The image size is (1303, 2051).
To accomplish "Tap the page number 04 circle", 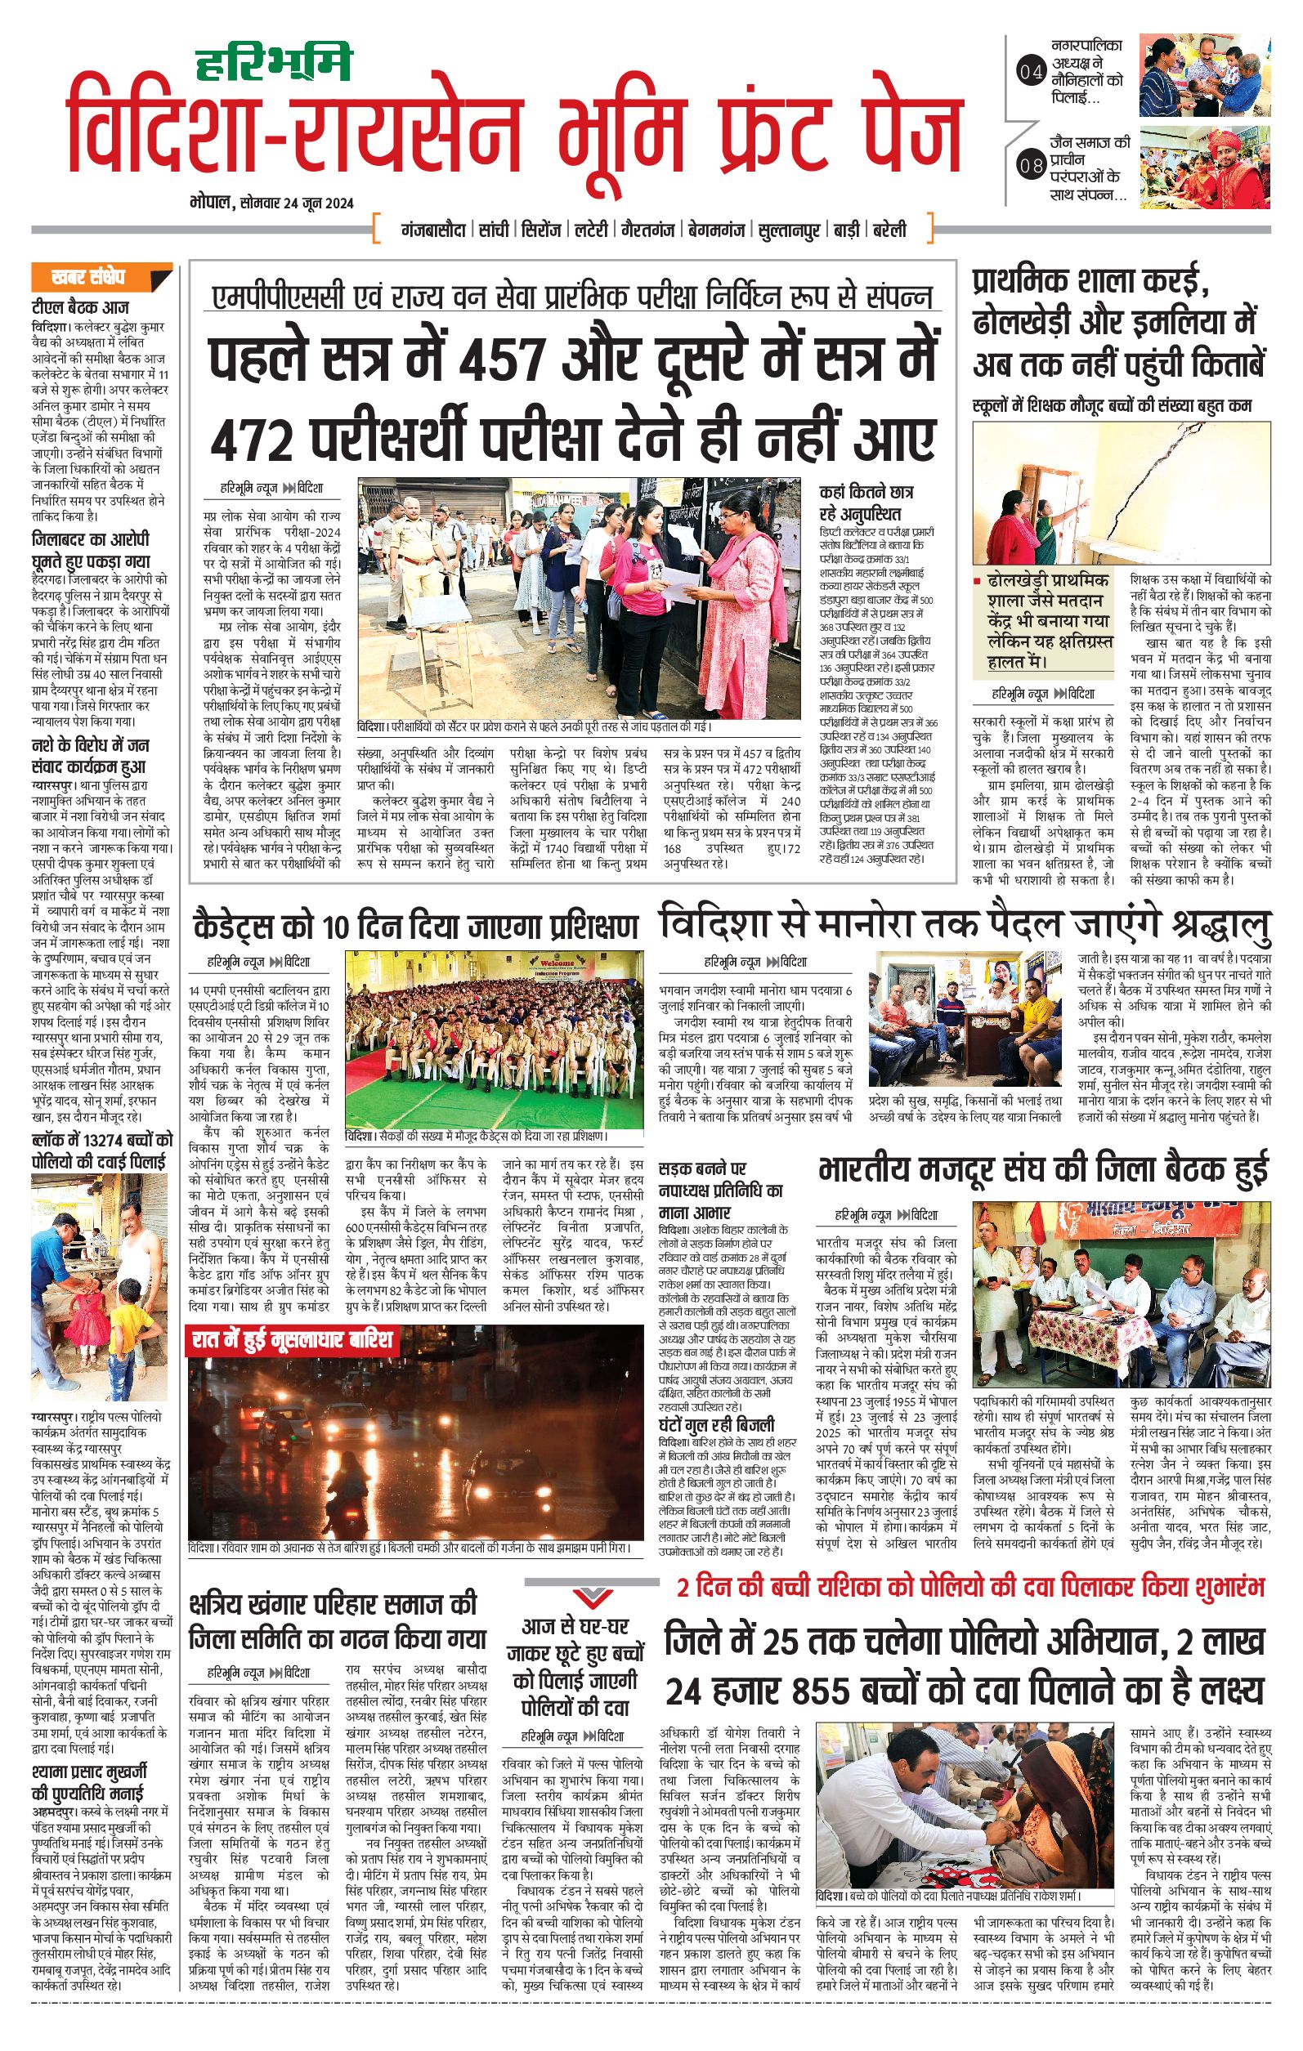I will click(x=1030, y=73).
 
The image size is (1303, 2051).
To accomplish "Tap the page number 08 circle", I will click(x=1030, y=165).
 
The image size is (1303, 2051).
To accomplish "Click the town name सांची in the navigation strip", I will click(x=494, y=230).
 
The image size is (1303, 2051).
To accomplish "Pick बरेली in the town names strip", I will click(x=889, y=230).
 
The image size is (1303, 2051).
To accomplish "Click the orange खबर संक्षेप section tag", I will click(x=87, y=277).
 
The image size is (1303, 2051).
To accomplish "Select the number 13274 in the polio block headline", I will click(x=87, y=1140).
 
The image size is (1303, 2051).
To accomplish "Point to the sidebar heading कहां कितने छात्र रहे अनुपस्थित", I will click(x=866, y=503).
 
